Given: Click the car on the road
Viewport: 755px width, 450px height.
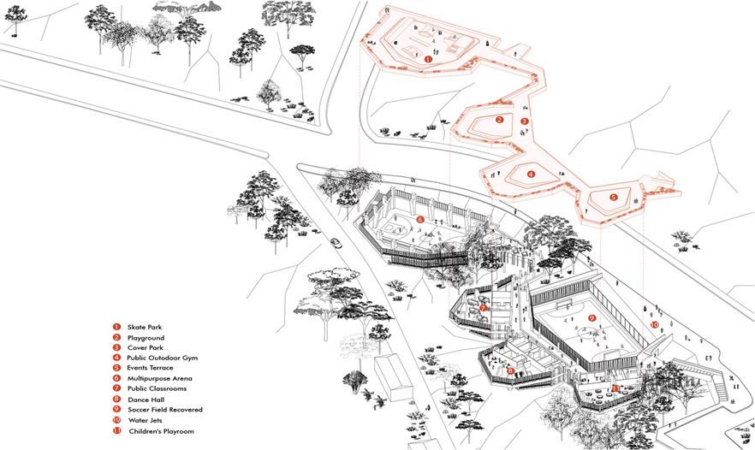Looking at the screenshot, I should (x=335, y=242).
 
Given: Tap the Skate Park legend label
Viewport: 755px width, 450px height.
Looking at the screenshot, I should (x=145, y=327).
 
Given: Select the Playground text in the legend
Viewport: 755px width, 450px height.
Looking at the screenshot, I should (x=146, y=338).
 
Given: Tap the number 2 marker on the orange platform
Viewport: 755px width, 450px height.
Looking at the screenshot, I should (x=499, y=120).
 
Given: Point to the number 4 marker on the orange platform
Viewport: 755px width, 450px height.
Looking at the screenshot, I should (x=531, y=175).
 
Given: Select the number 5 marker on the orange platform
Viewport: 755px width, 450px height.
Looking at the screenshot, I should (x=614, y=197).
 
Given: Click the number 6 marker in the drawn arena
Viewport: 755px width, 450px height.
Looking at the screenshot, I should (x=420, y=220).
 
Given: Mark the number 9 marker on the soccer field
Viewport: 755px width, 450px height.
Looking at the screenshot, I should (x=592, y=317).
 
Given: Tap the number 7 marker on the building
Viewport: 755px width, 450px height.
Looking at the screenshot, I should (x=484, y=307).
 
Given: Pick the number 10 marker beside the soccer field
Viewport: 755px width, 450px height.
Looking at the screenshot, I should (x=654, y=325).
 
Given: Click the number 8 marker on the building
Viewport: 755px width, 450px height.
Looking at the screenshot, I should (x=510, y=370).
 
